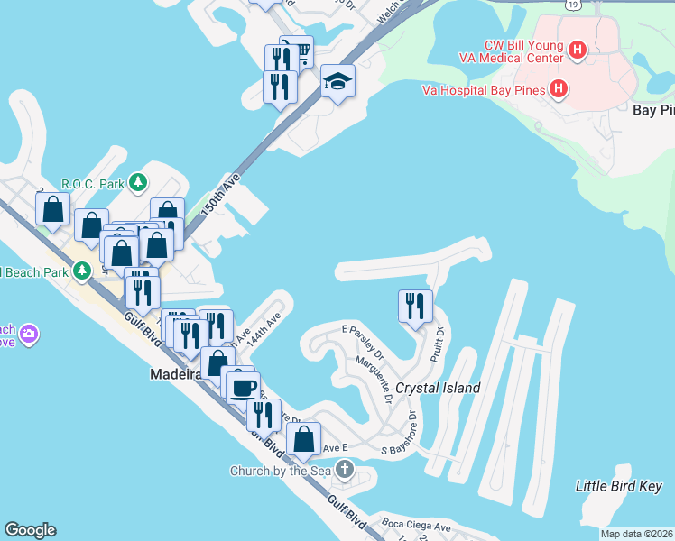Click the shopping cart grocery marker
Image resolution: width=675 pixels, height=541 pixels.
tap(297, 51)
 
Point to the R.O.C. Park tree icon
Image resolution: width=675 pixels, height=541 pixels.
tap(137, 184)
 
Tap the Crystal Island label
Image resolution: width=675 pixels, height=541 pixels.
tap(438, 388)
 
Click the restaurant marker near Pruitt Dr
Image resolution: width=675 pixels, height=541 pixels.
tap(415, 305)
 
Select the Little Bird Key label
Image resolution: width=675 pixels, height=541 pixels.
tap(619, 486)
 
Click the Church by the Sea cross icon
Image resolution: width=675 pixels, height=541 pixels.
tap(344, 470)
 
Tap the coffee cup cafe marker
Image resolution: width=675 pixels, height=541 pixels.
tap(242, 388)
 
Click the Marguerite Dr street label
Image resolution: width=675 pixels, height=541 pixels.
tap(375, 378)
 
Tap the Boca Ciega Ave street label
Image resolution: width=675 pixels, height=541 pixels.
tap(416, 527)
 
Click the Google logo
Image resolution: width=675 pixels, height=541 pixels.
tap(30, 530)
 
